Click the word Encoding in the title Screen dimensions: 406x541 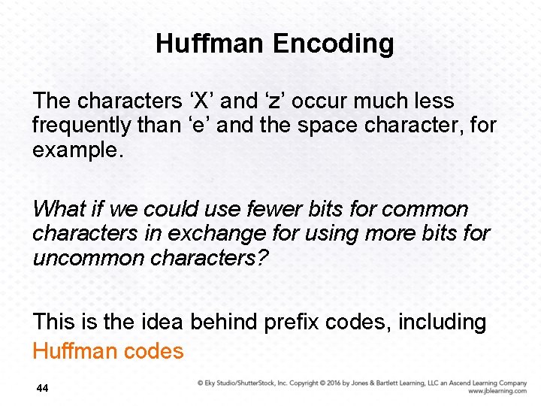pyautogui.click(x=333, y=44)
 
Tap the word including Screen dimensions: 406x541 pyautogui.click(x=442, y=322)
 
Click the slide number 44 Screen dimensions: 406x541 pyautogui.click(x=43, y=389)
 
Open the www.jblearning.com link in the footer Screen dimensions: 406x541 pyautogui.click(x=497, y=392)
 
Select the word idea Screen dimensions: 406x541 pyautogui.click(x=160, y=322)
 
